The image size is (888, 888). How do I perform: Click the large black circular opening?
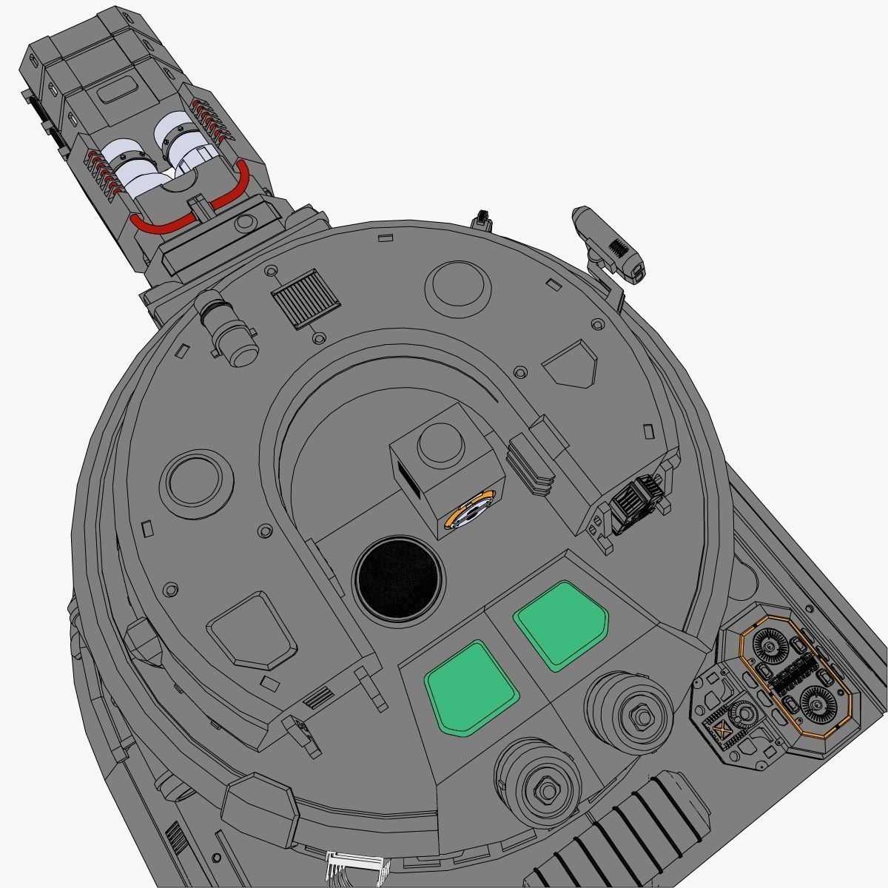tap(400, 576)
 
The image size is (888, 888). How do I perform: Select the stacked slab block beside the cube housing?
tap(531, 464)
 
